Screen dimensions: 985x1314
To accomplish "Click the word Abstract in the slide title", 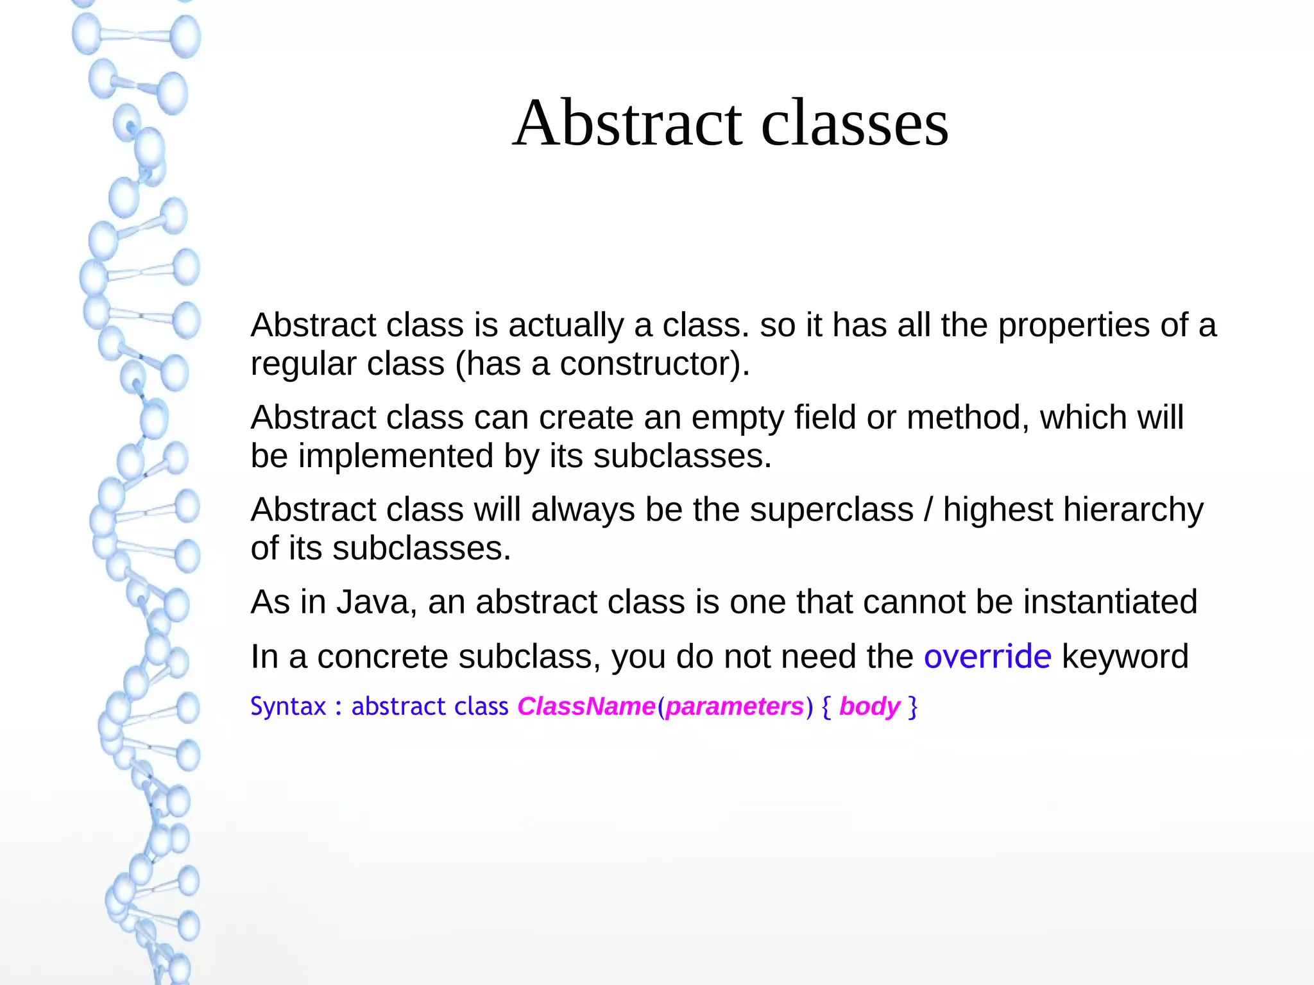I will coord(627,123).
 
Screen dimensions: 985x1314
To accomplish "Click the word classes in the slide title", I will coord(855,123).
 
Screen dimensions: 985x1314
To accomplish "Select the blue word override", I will coord(987,656).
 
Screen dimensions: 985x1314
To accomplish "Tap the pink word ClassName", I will coord(586,707).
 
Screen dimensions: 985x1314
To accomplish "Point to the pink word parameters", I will coord(735,707).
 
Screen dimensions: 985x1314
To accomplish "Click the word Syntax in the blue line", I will coord(288,707).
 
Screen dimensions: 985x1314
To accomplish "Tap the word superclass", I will coord(832,510).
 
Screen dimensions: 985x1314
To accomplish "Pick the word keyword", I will coord(1125,656).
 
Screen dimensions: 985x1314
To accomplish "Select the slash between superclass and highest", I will coord(928,510).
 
